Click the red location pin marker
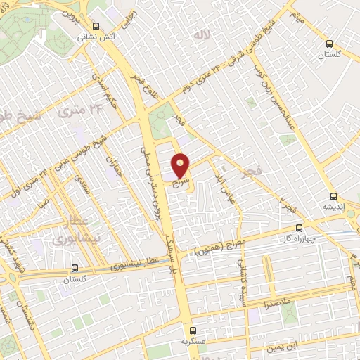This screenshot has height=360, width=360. click(181, 165)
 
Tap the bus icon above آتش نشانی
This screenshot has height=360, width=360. click(95, 27)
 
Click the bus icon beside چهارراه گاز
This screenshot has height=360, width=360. click(300, 228)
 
